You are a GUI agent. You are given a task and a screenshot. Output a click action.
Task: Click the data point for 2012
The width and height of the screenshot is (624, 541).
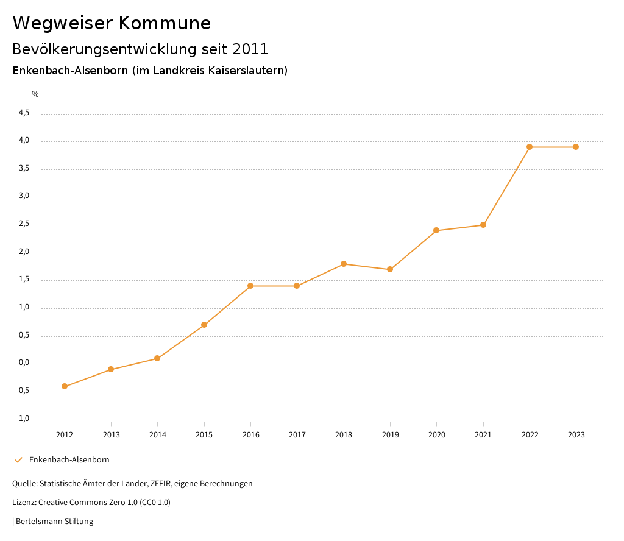coord(65,386)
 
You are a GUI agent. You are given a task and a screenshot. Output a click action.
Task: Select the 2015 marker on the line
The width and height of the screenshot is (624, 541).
coord(204,325)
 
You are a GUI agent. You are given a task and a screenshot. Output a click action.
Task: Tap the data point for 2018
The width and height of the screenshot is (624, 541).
coord(344,264)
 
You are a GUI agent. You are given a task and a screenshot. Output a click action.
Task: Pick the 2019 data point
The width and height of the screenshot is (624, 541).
coord(390,269)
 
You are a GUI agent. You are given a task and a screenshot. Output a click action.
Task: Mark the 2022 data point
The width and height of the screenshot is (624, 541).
coord(530,147)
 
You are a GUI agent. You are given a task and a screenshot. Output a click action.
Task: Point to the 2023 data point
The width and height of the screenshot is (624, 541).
coord(576,147)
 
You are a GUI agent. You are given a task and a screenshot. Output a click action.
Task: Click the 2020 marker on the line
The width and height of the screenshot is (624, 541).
coord(436,230)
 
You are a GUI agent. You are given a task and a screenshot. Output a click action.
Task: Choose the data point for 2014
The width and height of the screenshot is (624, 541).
coord(157,358)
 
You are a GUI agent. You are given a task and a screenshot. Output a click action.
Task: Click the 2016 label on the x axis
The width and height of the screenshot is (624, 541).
coord(250,435)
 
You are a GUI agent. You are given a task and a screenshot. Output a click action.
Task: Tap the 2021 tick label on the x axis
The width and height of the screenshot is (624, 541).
coord(483,435)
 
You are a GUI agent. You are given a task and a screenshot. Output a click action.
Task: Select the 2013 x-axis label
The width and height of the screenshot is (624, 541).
coord(111,435)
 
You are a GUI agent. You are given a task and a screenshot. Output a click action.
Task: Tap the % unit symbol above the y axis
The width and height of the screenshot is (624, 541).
coord(35,94)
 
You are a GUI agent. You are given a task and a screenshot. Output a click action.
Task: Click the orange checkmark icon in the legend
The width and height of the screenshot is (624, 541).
coord(18,460)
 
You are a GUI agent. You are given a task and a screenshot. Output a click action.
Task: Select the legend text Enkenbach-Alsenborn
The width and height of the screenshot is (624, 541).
coord(69,460)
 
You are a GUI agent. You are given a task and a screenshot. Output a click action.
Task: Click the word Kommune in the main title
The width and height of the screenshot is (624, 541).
coord(165,23)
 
